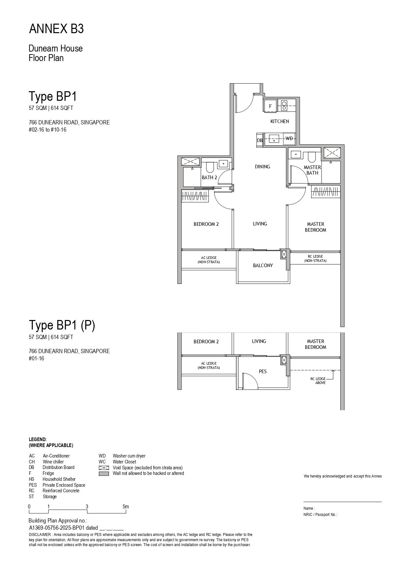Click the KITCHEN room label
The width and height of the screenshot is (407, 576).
pos(280,121)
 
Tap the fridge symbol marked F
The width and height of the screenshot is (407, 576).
pos(270,106)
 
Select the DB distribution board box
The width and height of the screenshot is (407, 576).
pos(260,140)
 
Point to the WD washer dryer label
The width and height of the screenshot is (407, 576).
pos(289,139)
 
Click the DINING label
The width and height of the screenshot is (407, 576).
pos(263,167)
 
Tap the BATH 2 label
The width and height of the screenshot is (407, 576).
pos(209,178)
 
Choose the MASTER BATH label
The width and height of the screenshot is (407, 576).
pos(312,170)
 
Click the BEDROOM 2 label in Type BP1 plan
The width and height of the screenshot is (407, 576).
pos(206,224)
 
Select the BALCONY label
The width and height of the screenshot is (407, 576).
pos(263,266)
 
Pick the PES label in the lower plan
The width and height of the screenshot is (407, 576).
pos(263,372)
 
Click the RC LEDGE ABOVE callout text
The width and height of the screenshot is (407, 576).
pos(318,381)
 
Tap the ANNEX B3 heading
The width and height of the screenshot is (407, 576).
pos(56,29)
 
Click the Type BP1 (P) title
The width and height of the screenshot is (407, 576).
pos(62,325)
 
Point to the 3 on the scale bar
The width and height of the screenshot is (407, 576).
pos(87,506)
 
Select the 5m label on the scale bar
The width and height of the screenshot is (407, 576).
pos(126,506)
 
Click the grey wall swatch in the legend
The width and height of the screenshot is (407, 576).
pos(104,474)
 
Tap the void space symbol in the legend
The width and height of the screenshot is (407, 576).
pos(104,468)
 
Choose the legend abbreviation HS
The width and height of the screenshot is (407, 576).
pos(32,479)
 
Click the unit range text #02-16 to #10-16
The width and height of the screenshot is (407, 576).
pos(48,130)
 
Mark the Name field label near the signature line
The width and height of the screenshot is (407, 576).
pos(309,508)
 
